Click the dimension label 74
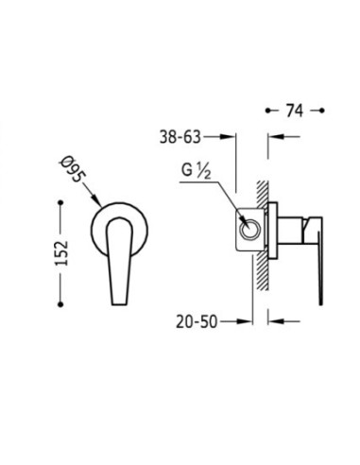click(x=295, y=111)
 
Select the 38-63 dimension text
click(x=180, y=137)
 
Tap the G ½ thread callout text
click(x=196, y=171)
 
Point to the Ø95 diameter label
click(x=74, y=169)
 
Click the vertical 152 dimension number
click(x=61, y=253)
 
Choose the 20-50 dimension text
click(x=197, y=321)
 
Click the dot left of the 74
click(x=268, y=111)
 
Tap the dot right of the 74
click(x=321, y=111)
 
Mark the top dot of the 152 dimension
click(x=60, y=202)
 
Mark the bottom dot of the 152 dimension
click(x=60, y=304)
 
